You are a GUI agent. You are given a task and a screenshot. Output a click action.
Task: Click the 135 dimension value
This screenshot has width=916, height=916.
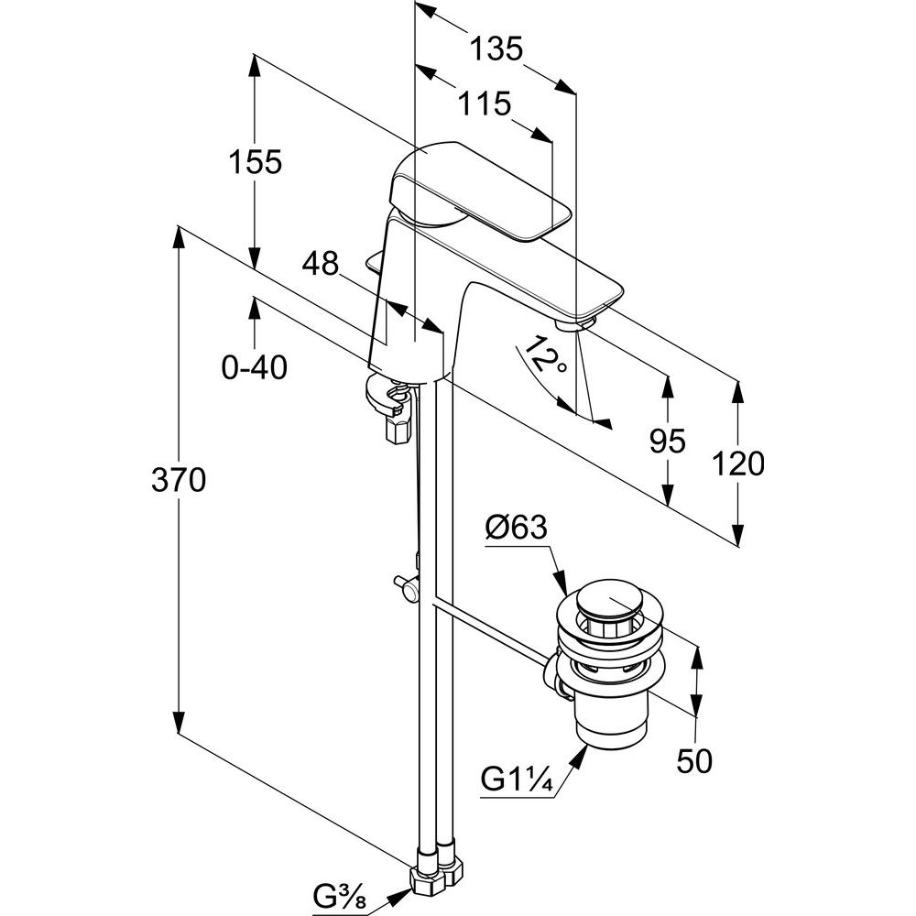point(496,49)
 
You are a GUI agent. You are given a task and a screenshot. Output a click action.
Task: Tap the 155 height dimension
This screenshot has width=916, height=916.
point(255,162)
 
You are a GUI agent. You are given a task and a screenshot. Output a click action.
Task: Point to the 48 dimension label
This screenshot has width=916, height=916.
point(320,265)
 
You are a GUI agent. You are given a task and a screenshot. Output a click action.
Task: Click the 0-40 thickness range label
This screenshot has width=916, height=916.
point(255,367)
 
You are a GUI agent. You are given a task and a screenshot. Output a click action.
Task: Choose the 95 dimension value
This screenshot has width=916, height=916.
point(667,442)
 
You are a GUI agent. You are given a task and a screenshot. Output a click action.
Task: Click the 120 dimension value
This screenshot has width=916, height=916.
point(738,464)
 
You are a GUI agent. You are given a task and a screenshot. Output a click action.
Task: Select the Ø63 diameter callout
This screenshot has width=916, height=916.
point(517,528)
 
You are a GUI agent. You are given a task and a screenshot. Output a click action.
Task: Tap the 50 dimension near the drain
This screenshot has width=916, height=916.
point(694,760)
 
